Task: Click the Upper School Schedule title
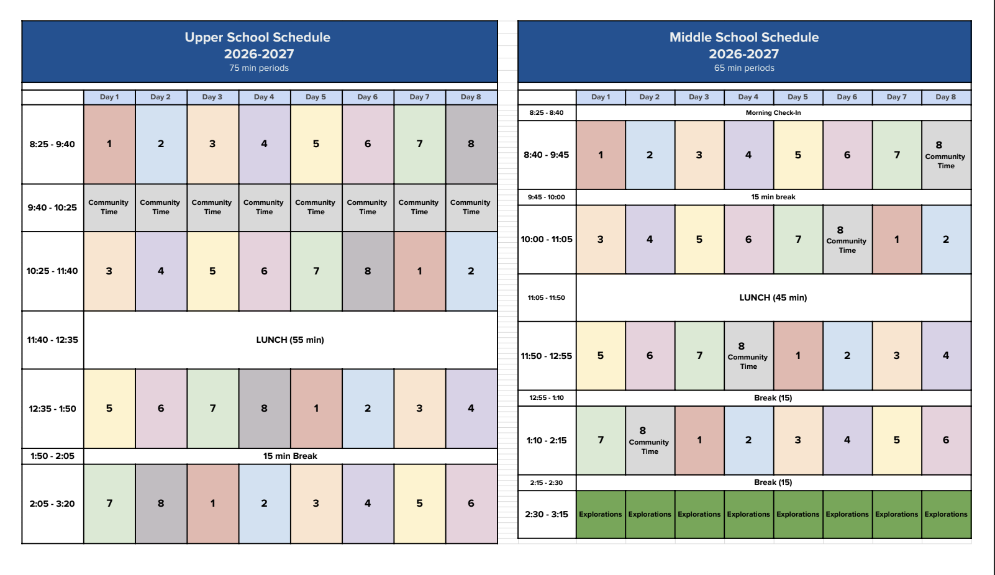tap(257, 37)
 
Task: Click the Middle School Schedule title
tap(743, 37)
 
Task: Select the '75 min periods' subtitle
tap(259, 68)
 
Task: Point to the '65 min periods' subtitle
tap(744, 68)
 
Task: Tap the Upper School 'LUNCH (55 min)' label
tap(290, 340)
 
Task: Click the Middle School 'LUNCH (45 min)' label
tap(773, 297)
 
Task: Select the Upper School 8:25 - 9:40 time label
tap(52, 144)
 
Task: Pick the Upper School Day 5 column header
tap(316, 97)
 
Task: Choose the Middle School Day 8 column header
tap(945, 97)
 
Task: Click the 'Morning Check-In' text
tap(773, 113)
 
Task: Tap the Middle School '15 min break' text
tap(773, 197)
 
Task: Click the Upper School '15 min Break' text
tap(290, 456)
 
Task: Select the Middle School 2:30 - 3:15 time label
tap(547, 514)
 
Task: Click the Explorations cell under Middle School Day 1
tap(600, 514)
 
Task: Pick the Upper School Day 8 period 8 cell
tap(471, 144)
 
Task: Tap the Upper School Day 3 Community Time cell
tap(212, 207)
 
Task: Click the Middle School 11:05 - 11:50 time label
tap(547, 297)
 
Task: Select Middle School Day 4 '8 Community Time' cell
tap(748, 356)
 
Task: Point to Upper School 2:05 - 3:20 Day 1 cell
tap(109, 504)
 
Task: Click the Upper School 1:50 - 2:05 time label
tap(52, 456)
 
